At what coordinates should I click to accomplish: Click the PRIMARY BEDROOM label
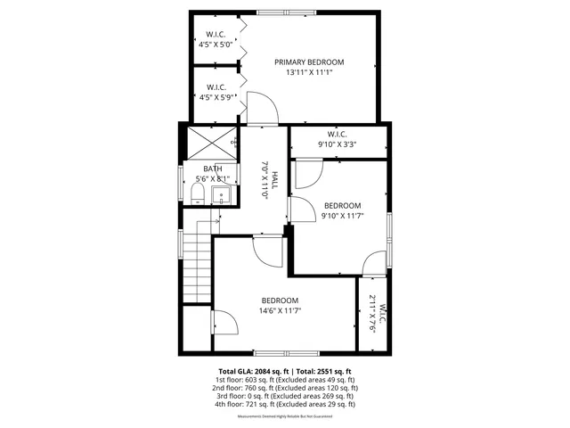(x=308, y=62)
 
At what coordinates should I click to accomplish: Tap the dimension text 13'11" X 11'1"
(x=308, y=73)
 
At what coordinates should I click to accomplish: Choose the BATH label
(x=212, y=169)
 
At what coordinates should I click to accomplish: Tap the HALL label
(x=275, y=182)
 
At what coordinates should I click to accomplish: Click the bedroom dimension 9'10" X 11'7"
(x=342, y=215)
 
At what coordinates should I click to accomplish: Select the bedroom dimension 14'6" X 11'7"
(x=280, y=311)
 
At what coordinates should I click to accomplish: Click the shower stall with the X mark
(x=210, y=143)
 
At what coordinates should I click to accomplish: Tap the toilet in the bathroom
(x=200, y=196)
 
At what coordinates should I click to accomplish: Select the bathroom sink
(x=223, y=195)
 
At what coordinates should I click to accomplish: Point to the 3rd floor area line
(x=285, y=396)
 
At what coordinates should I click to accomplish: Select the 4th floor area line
(x=285, y=404)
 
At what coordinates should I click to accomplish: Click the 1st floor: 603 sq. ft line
(x=285, y=380)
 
